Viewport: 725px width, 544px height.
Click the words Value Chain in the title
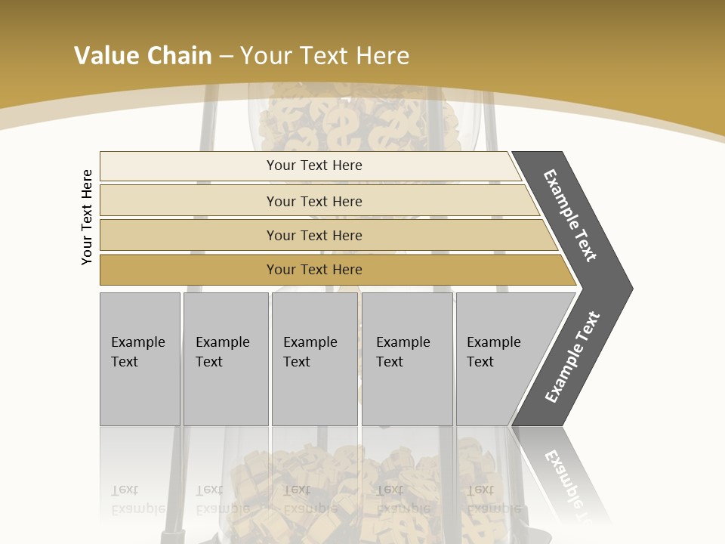pyautogui.click(x=143, y=55)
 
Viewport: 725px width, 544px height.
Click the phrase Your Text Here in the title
pyautogui.click(x=325, y=55)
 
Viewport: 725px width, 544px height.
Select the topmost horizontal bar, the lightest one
pyautogui.click(x=189, y=165)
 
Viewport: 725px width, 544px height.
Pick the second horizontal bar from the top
pyautogui.click(x=189, y=201)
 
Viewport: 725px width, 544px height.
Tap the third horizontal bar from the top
pyautogui.click(x=189, y=235)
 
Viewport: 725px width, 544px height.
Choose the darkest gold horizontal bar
pyautogui.click(x=189, y=270)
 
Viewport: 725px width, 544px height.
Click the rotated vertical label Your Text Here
pyautogui.click(x=87, y=217)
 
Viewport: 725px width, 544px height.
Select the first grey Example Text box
pyautogui.click(x=140, y=393)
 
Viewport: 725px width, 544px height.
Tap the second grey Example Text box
pyautogui.click(x=225, y=393)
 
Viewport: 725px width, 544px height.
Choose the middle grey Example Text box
pyautogui.click(x=314, y=393)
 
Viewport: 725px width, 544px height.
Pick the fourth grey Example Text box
pyautogui.click(x=407, y=393)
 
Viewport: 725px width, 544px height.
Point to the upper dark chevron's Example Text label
pyautogui.click(x=570, y=216)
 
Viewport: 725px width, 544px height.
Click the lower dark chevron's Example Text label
pyautogui.click(x=572, y=357)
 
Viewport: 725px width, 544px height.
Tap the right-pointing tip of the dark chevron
pyautogui.click(x=628, y=288)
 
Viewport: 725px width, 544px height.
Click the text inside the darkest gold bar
pyautogui.click(x=314, y=270)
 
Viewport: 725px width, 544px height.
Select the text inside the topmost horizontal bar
pyautogui.click(x=314, y=165)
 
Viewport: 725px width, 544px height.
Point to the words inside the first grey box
pyautogui.click(x=137, y=352)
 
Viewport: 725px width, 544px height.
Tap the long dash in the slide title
pyautogui.click(x=226, y=56)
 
